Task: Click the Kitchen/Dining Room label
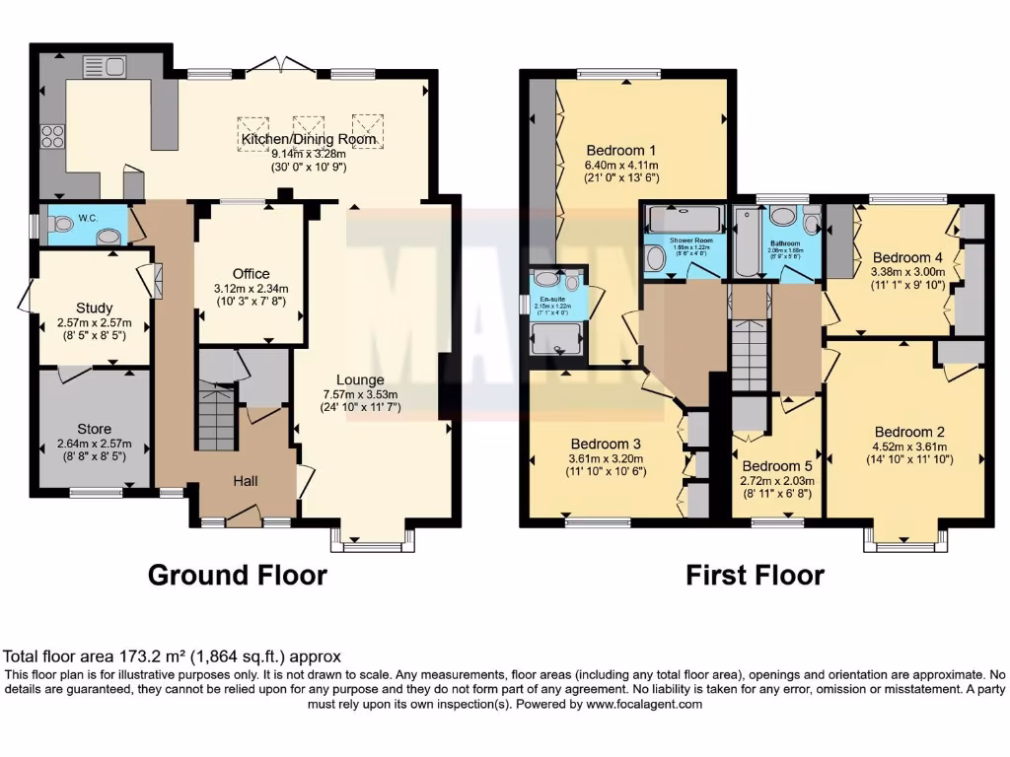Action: (309, 139)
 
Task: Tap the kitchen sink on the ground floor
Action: (105, 67)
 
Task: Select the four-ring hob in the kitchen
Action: (51, 137)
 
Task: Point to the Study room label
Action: (94, 308)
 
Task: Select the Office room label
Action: (251, 274)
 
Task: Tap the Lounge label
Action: (360, 379)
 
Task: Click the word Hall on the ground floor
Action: (246, 480)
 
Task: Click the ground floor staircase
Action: (216, 419)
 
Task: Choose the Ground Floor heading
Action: (237, 575)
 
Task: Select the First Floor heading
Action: (755, 575)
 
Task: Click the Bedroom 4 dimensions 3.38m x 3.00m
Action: (902, 272)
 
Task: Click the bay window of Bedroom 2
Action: (901, 539)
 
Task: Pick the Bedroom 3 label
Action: (609, 444)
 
